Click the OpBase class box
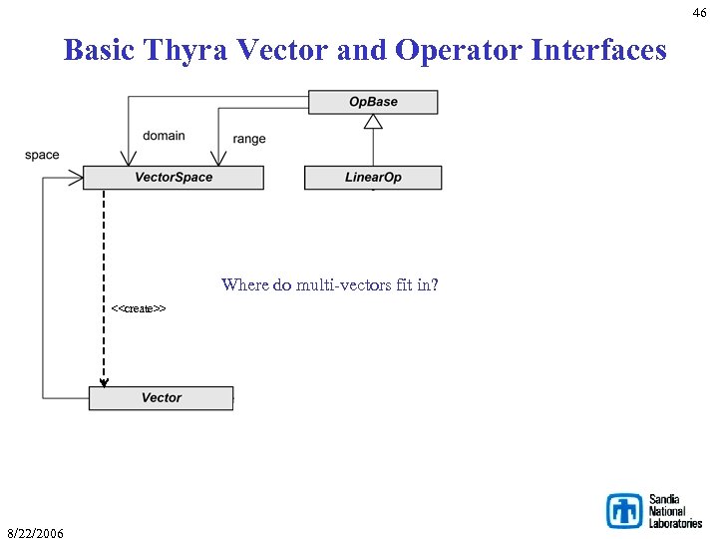point(373,102)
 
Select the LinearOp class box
point(373,178)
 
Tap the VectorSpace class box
point(174,178)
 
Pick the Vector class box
point(161,398)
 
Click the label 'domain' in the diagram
point(164,136)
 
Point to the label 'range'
point(249,139)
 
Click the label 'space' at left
point(42,155)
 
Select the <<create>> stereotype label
point(139,308)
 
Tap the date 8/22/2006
point(35,533)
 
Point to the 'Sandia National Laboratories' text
point(675,510)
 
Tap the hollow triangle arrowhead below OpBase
point(373,121)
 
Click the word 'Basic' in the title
point(100,49)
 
